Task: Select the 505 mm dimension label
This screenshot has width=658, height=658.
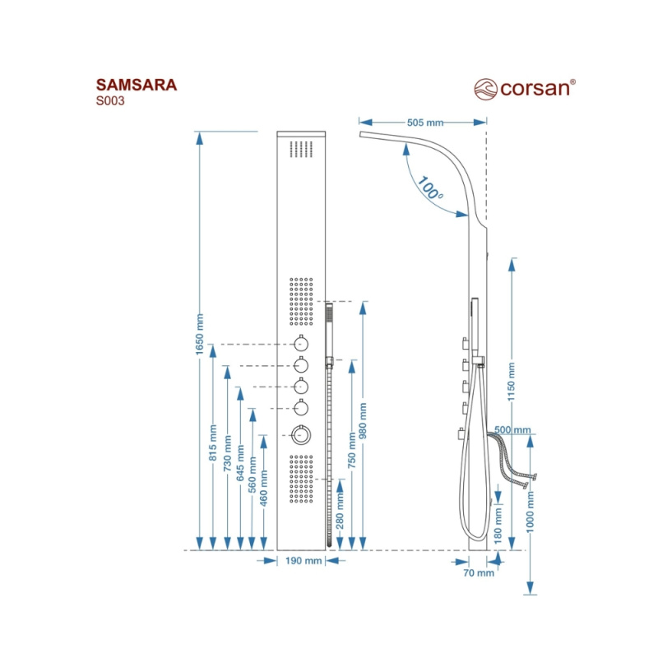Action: pyautogui.click(x=424, y=123)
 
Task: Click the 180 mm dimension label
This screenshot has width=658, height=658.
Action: pyautogui.click(x=498, y=526)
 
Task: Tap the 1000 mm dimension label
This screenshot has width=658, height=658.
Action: pyautogui.click(x=531, y=508)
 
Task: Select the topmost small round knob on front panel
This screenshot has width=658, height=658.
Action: pyautogui.click(x=301, y=344)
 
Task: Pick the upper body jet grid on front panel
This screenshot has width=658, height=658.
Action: pyautogui.click(x=301, y=300)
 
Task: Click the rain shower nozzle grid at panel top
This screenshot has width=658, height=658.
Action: pyautogui.click(x=302, y=150)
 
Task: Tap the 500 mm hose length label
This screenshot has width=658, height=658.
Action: pyautogui.click(x=514, y=429)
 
